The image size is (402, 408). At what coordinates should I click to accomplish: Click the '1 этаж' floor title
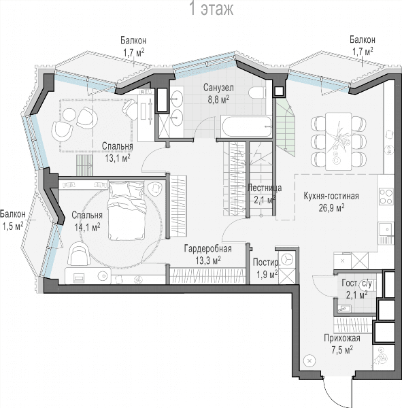pos(212,9)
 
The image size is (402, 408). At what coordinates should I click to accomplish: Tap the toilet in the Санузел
pos(257,92)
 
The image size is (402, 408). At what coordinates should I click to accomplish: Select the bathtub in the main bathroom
pos(246,126)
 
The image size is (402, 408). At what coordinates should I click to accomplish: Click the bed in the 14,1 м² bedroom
pos(127,211)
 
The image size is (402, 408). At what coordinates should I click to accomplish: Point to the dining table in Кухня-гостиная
pos(339,141)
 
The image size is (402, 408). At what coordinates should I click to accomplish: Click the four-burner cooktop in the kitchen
pos(386,197)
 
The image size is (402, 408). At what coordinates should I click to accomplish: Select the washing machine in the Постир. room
pos(287,259)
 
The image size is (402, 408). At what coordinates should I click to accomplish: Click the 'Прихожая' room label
pos(342,338)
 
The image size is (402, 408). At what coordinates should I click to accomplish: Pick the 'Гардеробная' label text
pos(207,249)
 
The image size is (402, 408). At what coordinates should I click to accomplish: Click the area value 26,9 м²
pos(331,207)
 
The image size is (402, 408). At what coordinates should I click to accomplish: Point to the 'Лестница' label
pos(265,188)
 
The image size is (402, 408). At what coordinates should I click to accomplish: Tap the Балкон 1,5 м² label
pos(12,220)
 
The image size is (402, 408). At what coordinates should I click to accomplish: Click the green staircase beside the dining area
pos(286,128)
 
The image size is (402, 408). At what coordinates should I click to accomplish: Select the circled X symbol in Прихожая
pos(309,361)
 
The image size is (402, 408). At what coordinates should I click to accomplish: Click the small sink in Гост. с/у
pos(344,309)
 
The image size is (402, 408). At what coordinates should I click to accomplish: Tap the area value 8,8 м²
pos(218,99)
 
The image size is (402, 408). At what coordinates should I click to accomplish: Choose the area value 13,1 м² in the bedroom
pos(118,158)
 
